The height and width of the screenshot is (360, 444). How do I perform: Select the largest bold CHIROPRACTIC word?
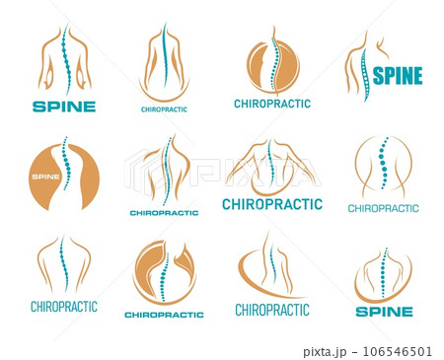click(x=272, y=205)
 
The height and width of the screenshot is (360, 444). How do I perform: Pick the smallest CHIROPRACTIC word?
click(x=164, y=108)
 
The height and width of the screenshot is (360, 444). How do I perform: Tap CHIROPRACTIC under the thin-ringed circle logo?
click(x=383, y=208)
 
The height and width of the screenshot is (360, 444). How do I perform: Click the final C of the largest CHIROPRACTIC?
click(x=318, y=205)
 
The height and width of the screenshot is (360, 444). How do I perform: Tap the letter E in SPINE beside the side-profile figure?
click(x=417, y=76)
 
